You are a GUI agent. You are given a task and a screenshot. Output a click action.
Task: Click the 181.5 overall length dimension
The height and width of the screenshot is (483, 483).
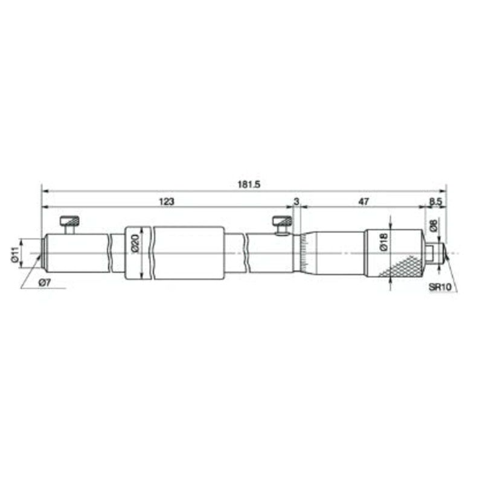click(249, 184)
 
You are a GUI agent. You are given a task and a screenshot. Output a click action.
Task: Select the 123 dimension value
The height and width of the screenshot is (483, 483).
click(167, 202)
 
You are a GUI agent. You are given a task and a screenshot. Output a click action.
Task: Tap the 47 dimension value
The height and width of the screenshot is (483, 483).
click(363, 202)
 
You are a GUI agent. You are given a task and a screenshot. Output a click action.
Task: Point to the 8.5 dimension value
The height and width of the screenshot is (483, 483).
click(435, 202)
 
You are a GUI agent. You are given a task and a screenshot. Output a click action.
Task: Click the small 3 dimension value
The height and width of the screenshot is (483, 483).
click(296, 202)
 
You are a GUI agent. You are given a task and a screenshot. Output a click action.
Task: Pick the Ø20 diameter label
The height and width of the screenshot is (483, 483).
click(136, 243)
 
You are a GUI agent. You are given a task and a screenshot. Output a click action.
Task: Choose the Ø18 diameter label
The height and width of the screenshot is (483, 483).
click(383, 242)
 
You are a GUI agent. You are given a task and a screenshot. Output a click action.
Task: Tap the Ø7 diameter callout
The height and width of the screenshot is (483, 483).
click(45, 283)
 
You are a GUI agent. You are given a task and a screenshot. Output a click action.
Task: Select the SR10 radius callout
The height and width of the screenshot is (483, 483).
click(440, 287)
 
